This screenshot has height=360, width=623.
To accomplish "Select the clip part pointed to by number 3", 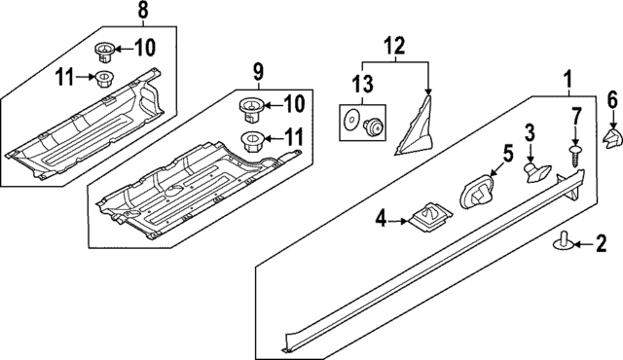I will pyautogui.click(x=534, y=170).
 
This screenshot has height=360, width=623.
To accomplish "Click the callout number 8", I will pyautogui.click(x=143, y=13).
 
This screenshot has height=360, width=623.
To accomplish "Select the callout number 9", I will pyautogui.click(x=259, y=70).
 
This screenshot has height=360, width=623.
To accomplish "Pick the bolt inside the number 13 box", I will pyautogui.click(x=373, y=124).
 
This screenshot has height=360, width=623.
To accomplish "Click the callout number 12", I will pyautogui.click(x=396, y=45).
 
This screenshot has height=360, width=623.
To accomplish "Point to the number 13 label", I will pyautogui.click(x=362, y=83).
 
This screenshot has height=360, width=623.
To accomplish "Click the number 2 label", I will pyautogui.click(x=601, y=242).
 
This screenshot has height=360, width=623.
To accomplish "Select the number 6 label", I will pyautogui.click(x=612, y=98).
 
